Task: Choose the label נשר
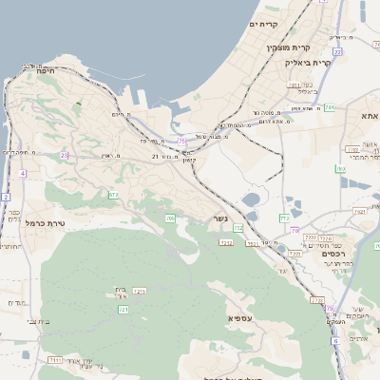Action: coord(220,218)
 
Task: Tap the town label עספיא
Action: coord(239,316)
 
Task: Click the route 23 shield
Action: coord(64,154)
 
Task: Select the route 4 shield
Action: coord(22,174)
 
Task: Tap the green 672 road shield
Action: coord(114,195)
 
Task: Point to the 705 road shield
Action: coord(170,218)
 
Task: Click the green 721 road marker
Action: coord(123,310)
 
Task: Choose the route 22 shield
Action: coord(337,51)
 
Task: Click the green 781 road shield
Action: coord(328,109)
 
